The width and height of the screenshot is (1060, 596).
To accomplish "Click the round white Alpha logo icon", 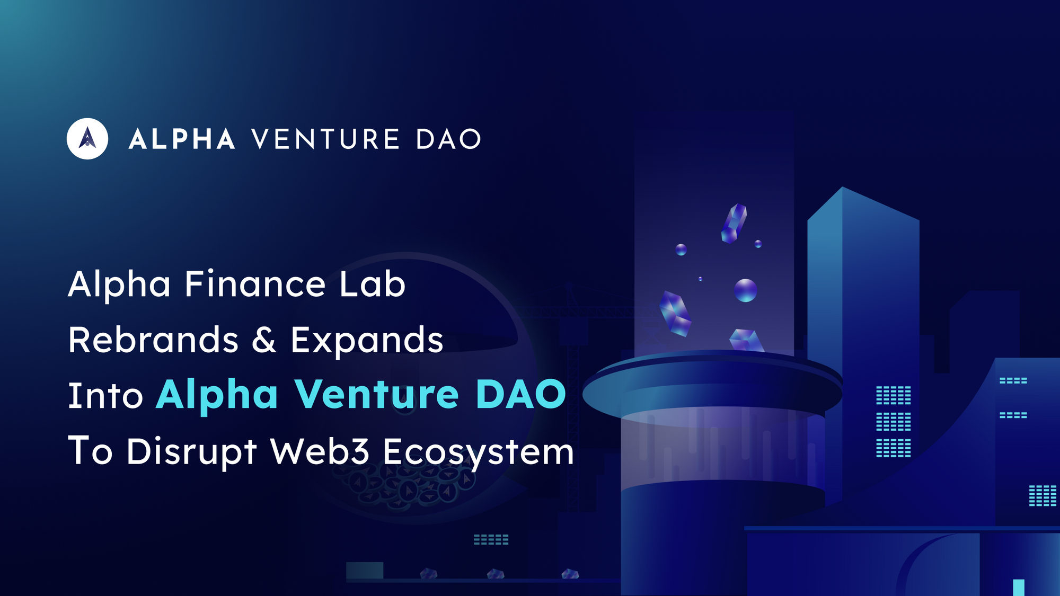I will [87, 139].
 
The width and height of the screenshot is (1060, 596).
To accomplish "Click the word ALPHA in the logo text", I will [182, 139].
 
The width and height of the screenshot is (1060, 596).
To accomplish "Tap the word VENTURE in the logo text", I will [325, 139].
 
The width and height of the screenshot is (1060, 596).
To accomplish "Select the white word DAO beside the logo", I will [448, 139].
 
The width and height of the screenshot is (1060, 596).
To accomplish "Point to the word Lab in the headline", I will [372, 284].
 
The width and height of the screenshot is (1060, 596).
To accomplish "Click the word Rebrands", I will [153, 340].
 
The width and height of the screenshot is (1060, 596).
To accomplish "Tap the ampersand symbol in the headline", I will [263, 340].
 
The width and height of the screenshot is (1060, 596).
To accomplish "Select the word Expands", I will [367, 341].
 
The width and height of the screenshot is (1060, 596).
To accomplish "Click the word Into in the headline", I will [105, 396].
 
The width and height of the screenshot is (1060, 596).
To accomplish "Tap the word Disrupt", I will [191, 452].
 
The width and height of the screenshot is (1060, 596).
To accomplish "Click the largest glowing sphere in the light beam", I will [745, 290].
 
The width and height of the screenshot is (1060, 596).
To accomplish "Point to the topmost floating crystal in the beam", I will [734, 223].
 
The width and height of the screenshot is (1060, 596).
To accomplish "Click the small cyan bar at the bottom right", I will [1018, 587].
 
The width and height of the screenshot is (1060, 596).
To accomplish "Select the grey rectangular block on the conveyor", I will [365, 571].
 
